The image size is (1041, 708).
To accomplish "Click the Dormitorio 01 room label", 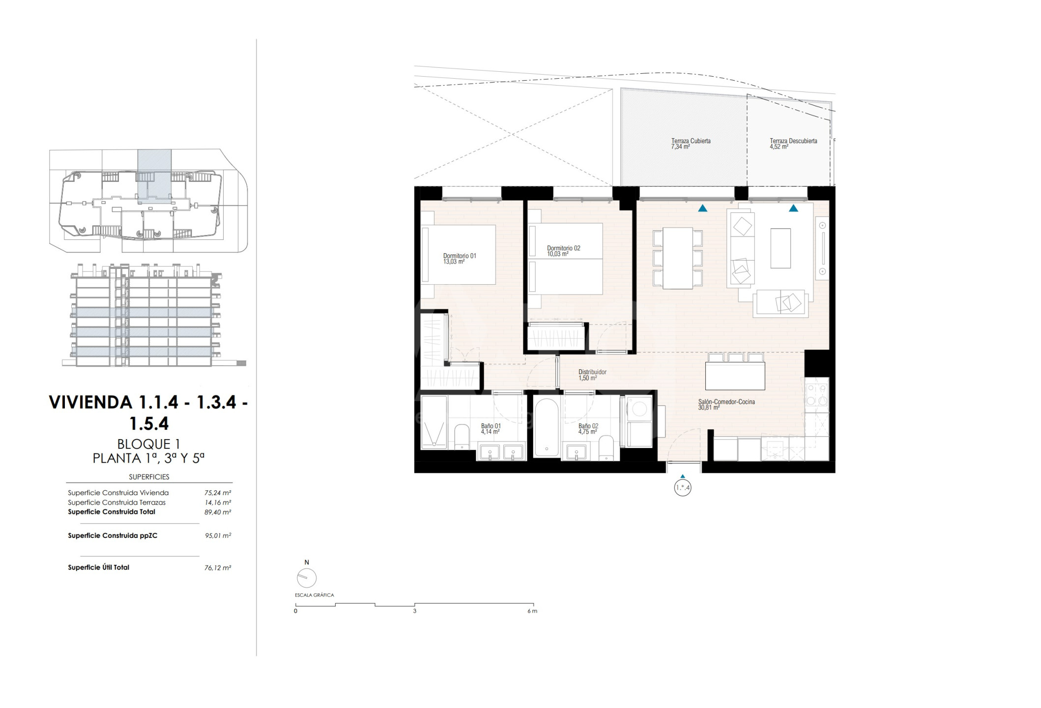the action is coord(460,259).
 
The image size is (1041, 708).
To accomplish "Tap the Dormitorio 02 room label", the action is coord(563,251).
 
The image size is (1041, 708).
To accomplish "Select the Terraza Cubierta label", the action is coord(691,144).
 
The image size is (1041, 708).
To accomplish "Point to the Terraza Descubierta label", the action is coord(793,144).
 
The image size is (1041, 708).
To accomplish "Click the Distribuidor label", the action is coord(592,375).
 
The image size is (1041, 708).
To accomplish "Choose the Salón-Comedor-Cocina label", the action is coord(726,405).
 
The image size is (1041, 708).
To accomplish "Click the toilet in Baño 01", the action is coord(462,437).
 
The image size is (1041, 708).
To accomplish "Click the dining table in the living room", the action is coord(678,258).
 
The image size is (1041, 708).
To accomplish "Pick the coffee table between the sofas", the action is coord(781,248).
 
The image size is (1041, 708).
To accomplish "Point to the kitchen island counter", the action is coord(735,376).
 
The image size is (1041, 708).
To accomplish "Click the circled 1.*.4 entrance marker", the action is coord(683,488).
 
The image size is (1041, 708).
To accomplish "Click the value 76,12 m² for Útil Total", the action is coord(218,568).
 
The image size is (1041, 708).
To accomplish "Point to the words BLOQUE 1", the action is coord(147,444).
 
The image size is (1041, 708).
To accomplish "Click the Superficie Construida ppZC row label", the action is coord(113,536).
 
